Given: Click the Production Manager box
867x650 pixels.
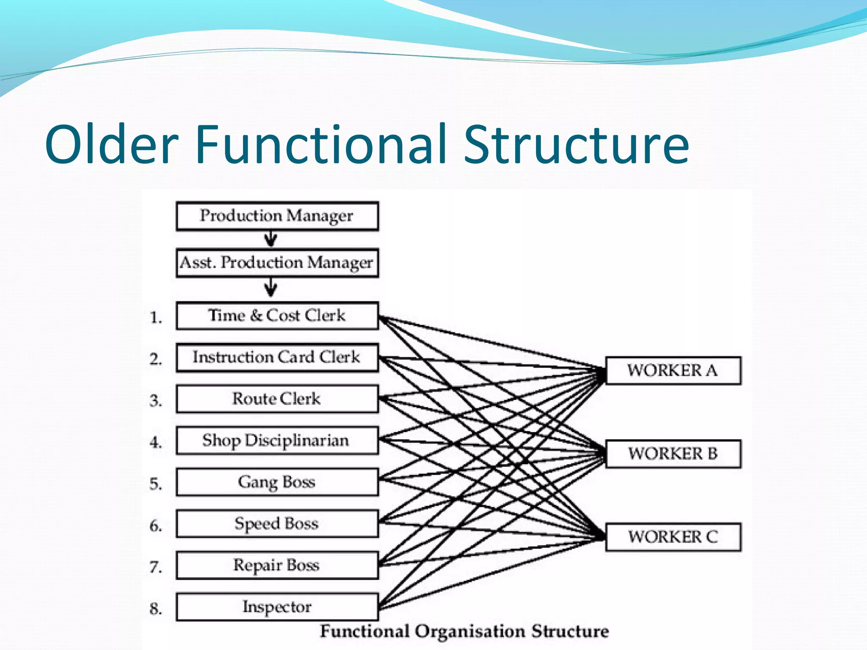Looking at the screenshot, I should pyautogui.click(x=277, y=216).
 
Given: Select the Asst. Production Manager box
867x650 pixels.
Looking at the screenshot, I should pyautogui.click(x=277, y=263).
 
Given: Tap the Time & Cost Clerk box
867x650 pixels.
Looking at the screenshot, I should pyautogui.click(x=277, y=316).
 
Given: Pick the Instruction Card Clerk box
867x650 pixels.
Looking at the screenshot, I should pyautogui.click(x=277, y=357).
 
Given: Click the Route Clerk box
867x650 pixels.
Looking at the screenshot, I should pyautogui.click(x=277, y=399).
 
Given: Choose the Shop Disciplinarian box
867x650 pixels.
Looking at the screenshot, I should pyautogui.click(x=277, y=441).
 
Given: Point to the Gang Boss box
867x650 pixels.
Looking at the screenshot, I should pyautogui.click(x=277, y=482).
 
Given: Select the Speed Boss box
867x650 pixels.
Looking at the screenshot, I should pyautogui.click(x=277, y=523).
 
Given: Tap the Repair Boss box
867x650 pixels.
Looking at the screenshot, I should pyautogui.click(x=277, y=565).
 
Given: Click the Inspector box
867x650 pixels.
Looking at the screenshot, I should pyautogui.click(x=277, y=607).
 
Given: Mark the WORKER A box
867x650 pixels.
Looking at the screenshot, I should pyautogui.click(x=673, y=371).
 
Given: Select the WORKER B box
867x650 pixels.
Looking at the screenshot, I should pyautogui.click(x=673, y=454).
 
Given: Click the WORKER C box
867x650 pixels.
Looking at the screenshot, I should pyautogui.click(x=673, y=537).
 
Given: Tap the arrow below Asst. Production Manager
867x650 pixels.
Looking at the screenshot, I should pyautogui.click(x=271, y=289).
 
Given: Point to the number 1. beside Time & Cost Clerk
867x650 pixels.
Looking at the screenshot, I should pyautogui.click(x=156, y=317).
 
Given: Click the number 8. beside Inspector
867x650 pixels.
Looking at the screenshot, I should pyautogui.click(x=156, y=609).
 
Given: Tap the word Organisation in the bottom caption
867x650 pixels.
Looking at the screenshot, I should pyautogui.click(x=470, y=631).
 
